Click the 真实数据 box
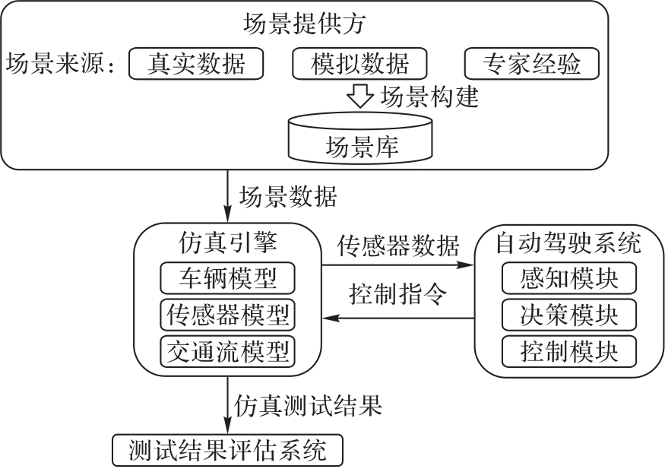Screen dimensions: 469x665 pos(196,64)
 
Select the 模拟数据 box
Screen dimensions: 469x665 pos(360,64)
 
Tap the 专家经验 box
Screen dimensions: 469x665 pos(531,64)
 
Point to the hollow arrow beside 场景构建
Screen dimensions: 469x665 pos(359,97)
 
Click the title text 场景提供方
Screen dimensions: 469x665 pos(305,24)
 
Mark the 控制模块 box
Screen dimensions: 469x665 pos(569,351)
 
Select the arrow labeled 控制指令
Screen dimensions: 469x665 pos(397,319)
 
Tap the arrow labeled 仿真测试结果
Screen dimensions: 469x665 pos(227,407)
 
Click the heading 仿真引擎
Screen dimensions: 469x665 pos(227,245)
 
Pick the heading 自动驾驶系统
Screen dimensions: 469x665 pos(569,245)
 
